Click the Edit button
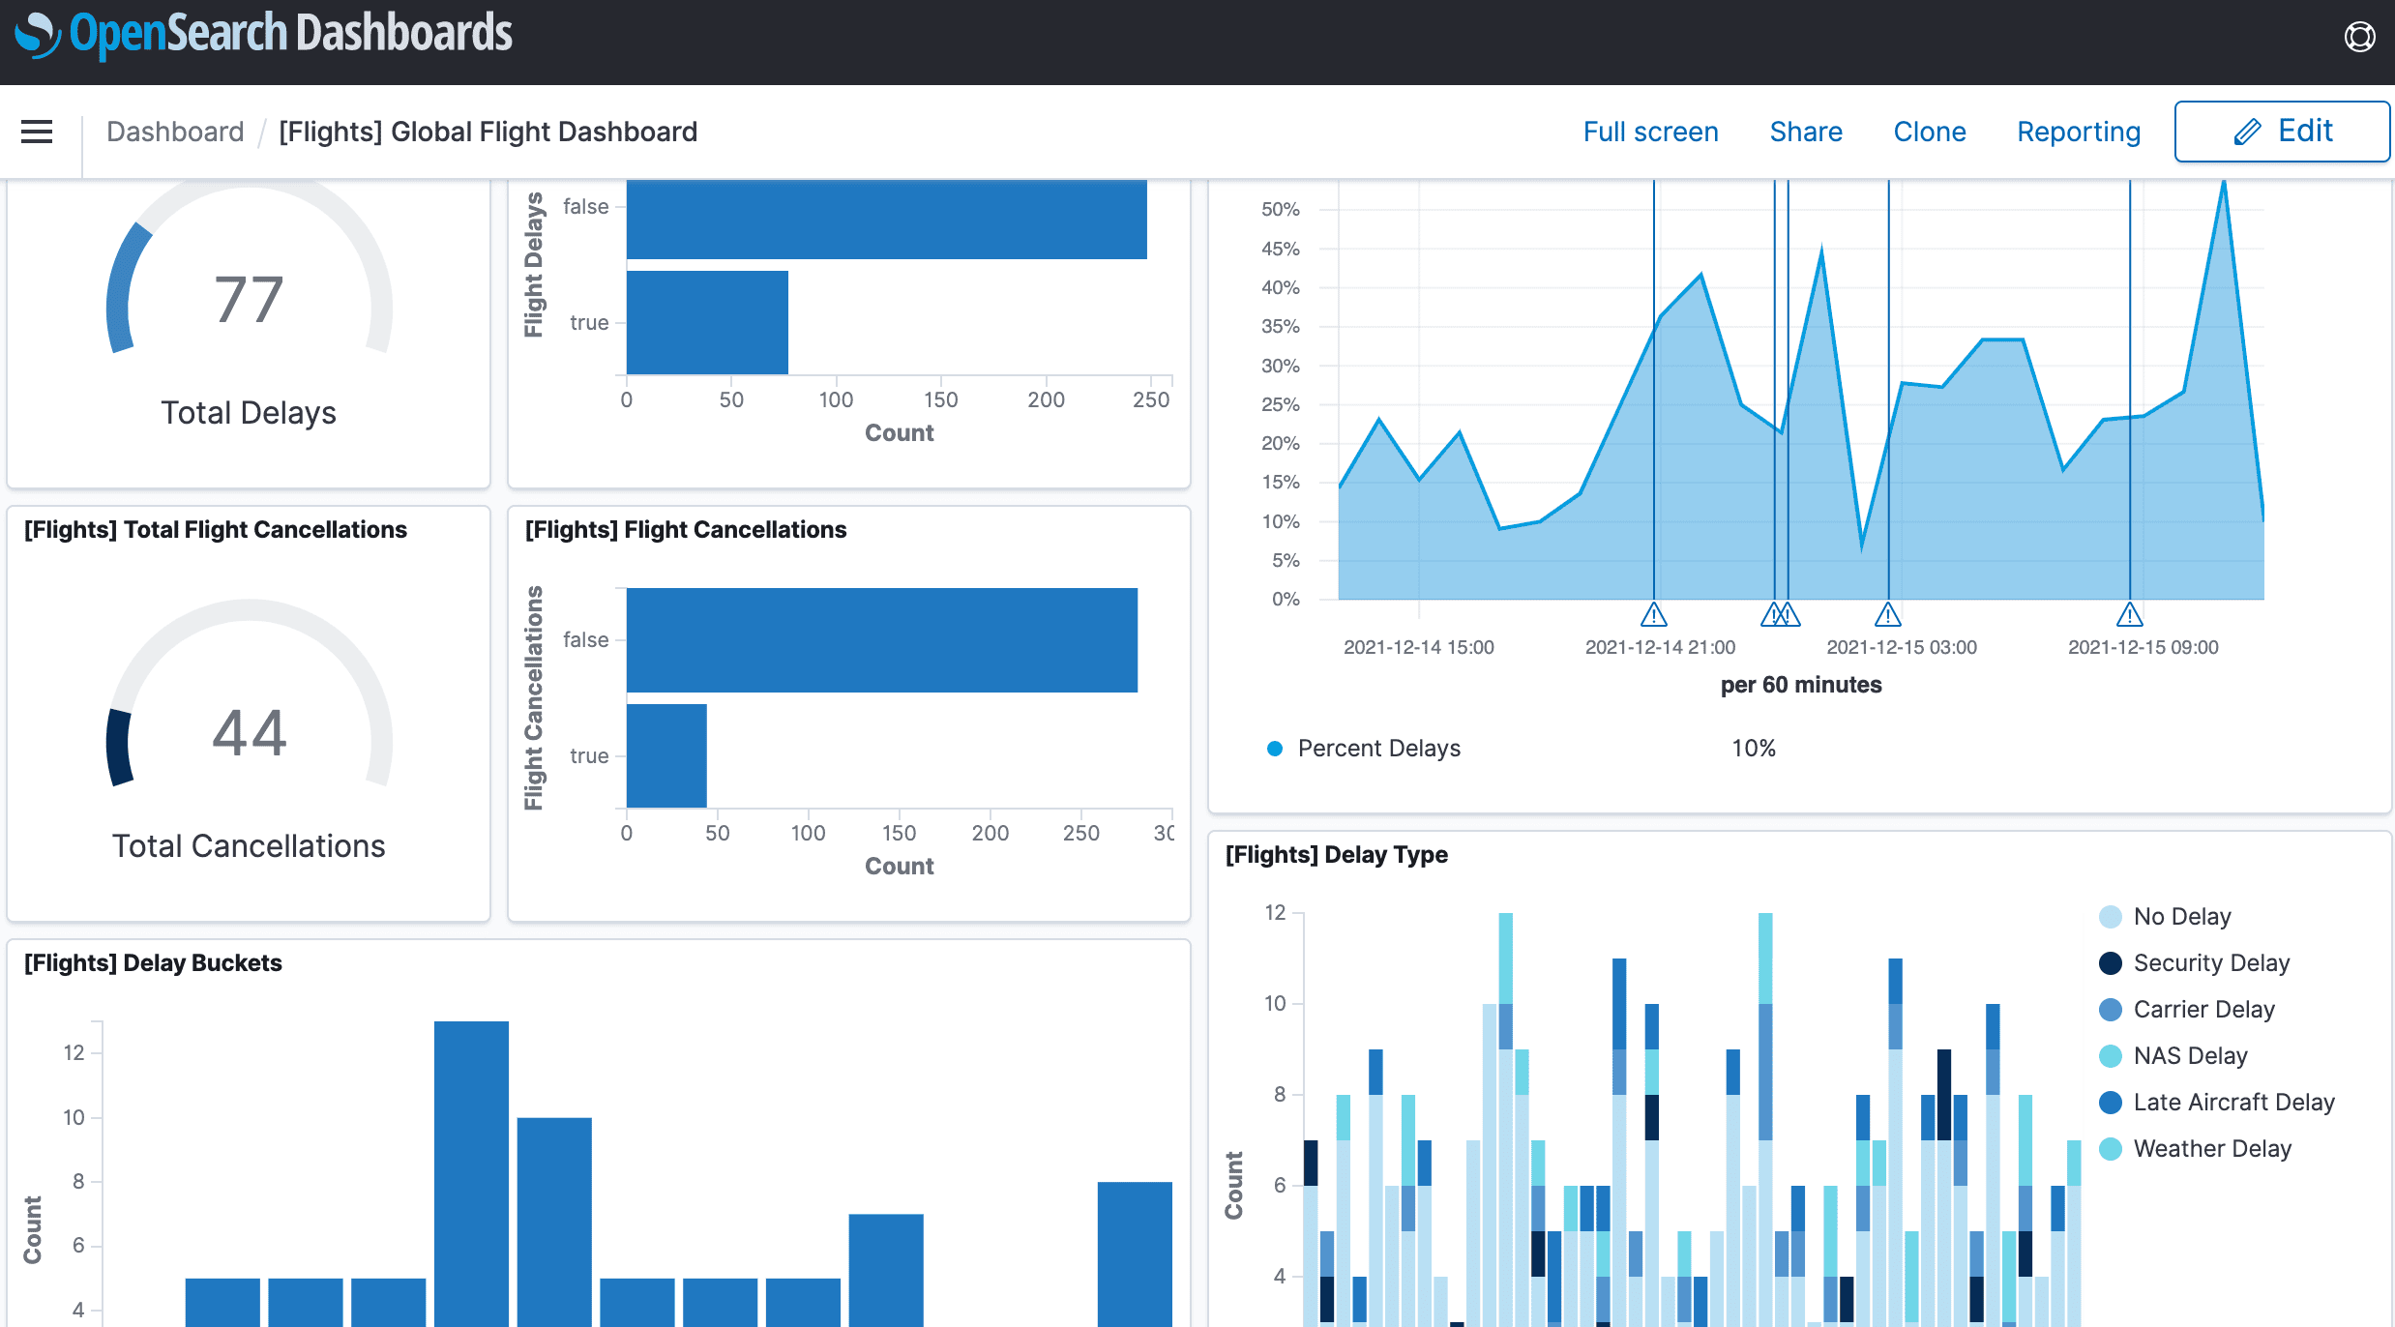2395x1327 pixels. coord(2282,132)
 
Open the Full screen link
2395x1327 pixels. coord(1650,132)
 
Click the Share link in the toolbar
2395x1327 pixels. coord(1805,132)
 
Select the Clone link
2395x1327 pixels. coord(1929,132)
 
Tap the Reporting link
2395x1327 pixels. coord(2078,132)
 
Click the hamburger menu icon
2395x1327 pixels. coord(37,132)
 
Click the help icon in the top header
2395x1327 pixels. coord(2359,37)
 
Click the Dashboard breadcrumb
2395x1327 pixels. coord(175,132)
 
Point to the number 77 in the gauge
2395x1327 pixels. coord(249,300)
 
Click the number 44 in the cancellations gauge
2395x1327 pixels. coord(249,732)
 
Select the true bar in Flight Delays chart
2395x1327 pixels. coord(707,322)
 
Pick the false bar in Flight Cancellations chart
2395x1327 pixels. coord(881,639)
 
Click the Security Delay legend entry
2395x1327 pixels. coord(2210,962)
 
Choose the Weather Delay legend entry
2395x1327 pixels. coord(2211,1148)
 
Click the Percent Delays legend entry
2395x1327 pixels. coord(1377,748)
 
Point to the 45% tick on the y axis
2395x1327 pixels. coord(1280,249)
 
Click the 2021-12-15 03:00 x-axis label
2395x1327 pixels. coord(1901,647)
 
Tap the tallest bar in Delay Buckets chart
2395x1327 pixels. coord(471,1170)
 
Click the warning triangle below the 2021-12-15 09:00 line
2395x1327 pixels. coord(2129,615)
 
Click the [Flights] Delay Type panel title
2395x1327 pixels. coord(1336,855)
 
